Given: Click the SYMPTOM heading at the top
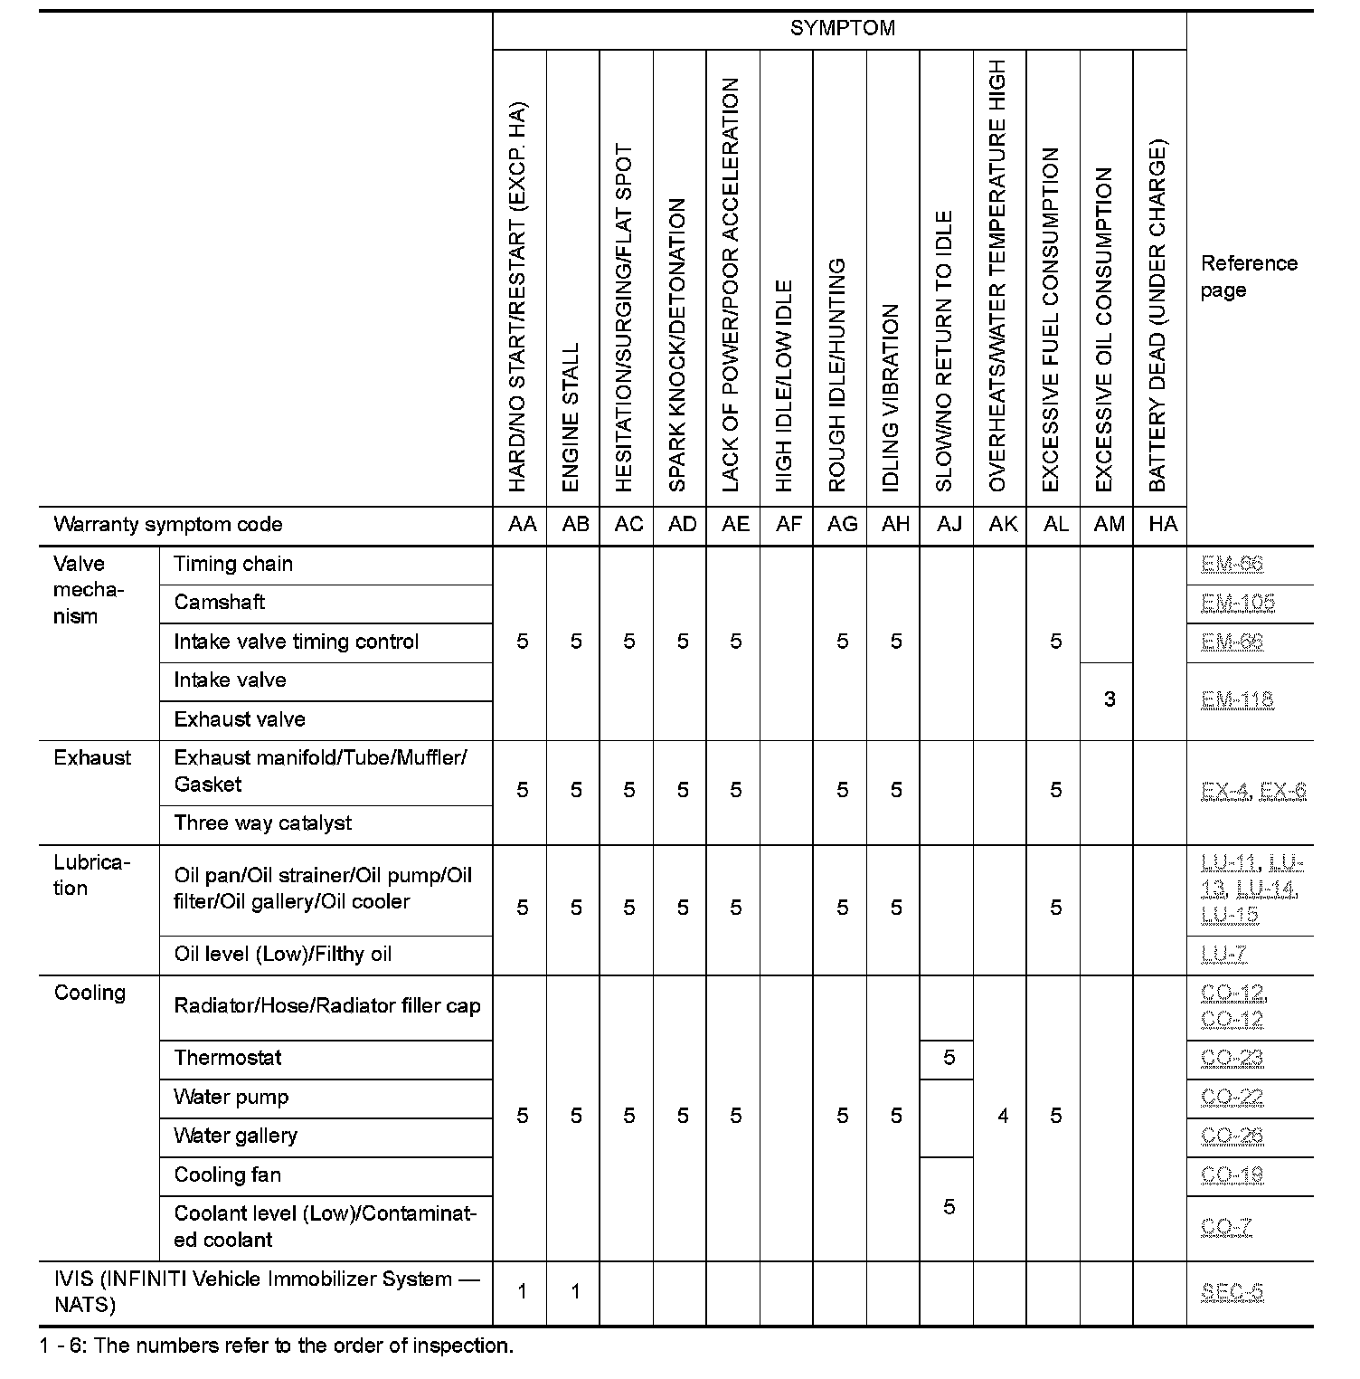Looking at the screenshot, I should pos(842,28).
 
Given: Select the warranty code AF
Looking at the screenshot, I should pos(789,525).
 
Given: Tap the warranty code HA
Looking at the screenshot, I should pos(1162,525).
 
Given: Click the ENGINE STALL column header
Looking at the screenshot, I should pos(571,416).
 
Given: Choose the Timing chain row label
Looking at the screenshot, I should pos(233,565).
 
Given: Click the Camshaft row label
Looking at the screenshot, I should pos(220,603).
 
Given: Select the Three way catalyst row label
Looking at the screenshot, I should pos(262,823).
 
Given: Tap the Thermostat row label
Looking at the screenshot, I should pos(228,1058).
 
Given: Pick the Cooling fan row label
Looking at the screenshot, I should pos(228,1175).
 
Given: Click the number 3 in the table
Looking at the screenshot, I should pos(1109,699).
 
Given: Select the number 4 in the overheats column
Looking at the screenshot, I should pos(1002,1117).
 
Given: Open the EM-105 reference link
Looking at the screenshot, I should pos(1237,603).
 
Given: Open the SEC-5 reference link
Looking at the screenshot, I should pos(1232,1292).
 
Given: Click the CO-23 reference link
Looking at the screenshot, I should pos(1232,1058).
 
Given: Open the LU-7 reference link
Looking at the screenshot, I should pos(1224,955).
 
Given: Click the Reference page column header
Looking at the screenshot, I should pos(1248,277).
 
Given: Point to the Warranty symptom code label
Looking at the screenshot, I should pos(168,525).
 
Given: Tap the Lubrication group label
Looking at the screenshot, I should pos(91,875).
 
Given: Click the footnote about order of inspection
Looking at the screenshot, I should pos(277,1346).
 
